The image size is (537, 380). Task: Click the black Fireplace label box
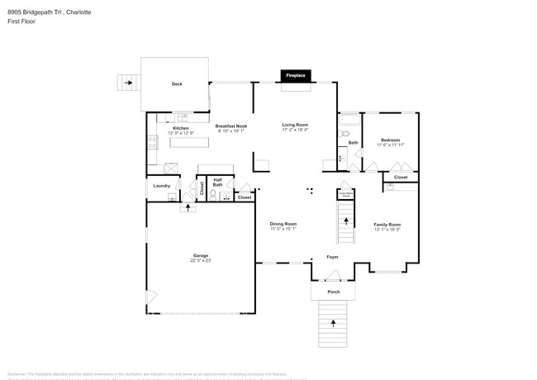click(296, 76)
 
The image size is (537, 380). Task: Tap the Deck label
click(177, 84)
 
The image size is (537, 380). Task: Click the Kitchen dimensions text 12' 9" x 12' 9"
click(181, 132)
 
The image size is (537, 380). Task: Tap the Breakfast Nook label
click(232, 126)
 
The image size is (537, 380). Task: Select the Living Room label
click(295, 125)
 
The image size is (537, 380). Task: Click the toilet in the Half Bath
click(213, 195)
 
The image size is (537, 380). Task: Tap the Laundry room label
click(162, 186)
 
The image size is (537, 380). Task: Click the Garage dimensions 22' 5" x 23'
click(201, 260)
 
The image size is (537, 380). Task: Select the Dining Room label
click(283, 224)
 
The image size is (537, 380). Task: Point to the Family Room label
click(387, 225)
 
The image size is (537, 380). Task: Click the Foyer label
click(332, 257)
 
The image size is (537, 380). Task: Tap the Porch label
click(333, 292)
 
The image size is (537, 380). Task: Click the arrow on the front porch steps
click(333, 324)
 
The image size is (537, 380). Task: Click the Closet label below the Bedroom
click(401, 178)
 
